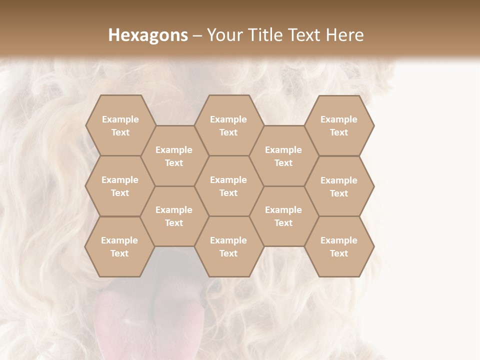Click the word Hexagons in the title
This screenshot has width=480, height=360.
pos(148,35)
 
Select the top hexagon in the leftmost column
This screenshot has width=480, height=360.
pos(120,125)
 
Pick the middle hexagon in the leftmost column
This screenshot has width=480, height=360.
pos(120,186)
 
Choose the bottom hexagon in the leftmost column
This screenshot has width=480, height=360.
pos(119,246)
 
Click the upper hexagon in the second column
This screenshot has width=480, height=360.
pos(174,156)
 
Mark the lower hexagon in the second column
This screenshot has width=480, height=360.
pos(174,216)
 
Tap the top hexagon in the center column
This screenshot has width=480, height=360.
pos(228,125)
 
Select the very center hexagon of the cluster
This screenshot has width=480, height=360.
pos(228,186)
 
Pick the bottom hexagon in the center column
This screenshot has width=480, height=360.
pos(228,246)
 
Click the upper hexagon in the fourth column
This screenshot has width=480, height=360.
pos(283,156)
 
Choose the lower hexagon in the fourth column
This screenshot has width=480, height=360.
pos(283,216)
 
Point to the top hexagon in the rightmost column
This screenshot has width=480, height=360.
pos(339,125)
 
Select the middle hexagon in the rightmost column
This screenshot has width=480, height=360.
pos(339,186)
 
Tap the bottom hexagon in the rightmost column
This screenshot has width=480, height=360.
pos(339,246)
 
